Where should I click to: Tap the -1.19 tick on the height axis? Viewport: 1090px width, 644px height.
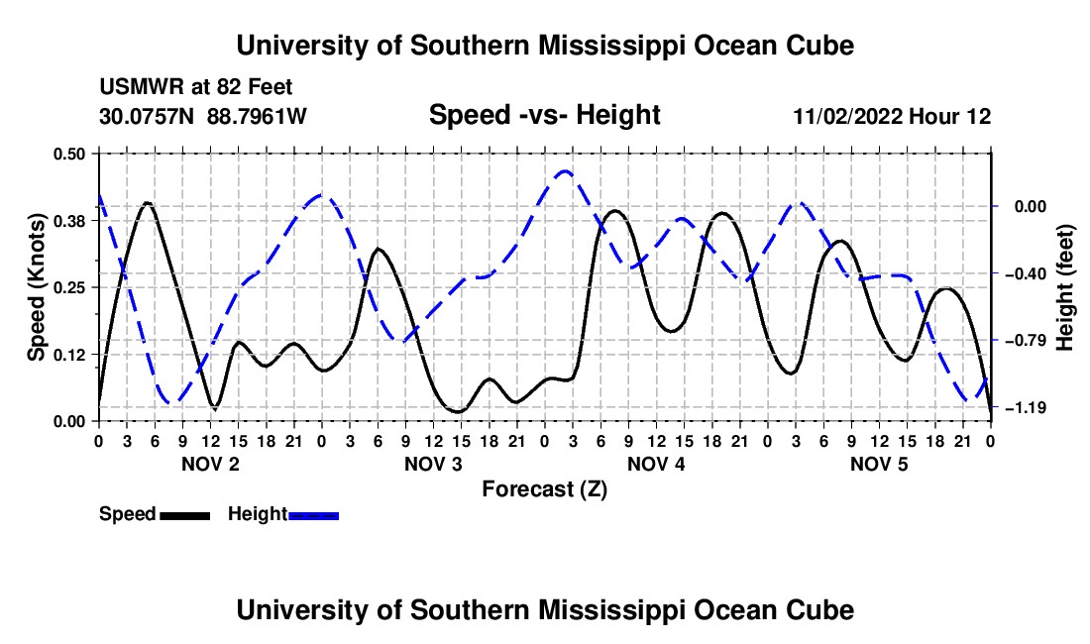(1026, 407)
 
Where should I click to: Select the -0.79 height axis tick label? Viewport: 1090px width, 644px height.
(1026, 341)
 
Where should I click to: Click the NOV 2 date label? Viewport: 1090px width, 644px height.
(210, 464)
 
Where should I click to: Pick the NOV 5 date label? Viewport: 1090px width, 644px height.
(879, 464)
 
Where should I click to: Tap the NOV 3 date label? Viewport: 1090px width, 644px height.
(433, 464)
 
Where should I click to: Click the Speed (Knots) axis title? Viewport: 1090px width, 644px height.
(36, 287)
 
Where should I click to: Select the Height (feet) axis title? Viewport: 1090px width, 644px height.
(1064, 287)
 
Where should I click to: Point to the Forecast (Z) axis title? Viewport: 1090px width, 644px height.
(544, 489)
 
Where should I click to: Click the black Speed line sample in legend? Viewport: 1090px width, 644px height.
(185, 515)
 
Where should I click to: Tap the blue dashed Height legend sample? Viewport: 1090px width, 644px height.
(313, 515)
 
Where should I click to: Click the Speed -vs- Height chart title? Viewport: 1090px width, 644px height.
(544, 115)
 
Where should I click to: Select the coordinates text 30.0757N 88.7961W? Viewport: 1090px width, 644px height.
(202, 116)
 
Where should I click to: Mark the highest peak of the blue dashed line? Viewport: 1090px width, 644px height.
(565, 170)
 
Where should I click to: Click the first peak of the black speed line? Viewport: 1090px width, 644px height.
(147, 203)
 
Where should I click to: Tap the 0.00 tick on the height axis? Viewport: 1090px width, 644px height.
(1030, 206)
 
